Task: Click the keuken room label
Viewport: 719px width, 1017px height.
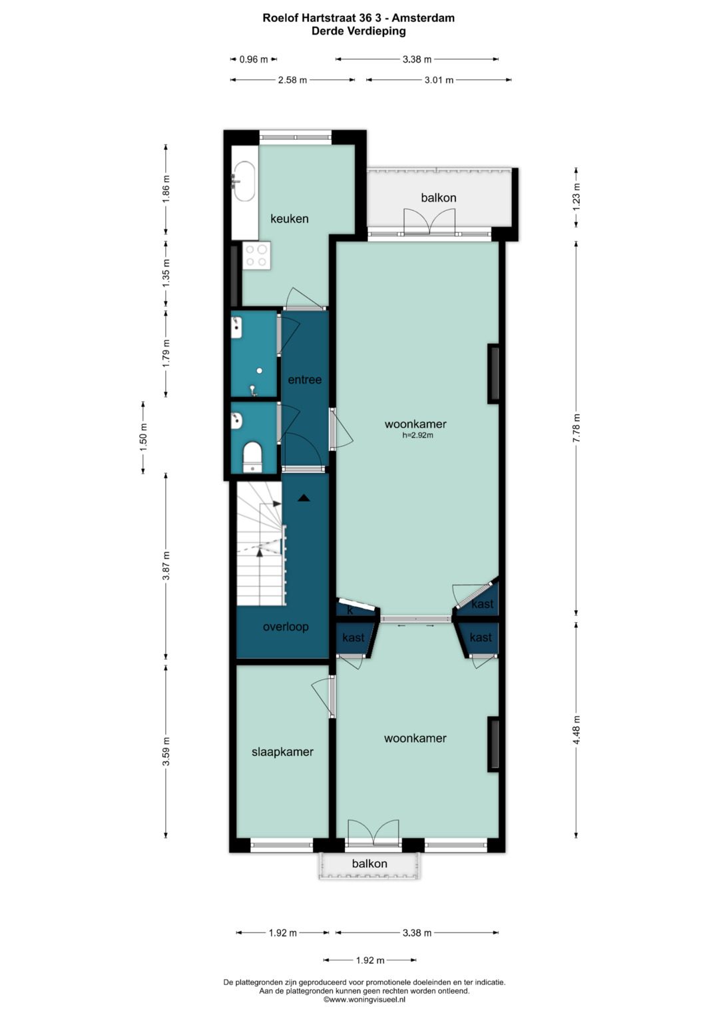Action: pyautogui.click(x=289, y=219)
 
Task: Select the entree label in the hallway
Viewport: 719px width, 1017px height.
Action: pyautogui.click(x=305, y=380)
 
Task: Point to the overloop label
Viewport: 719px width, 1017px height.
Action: pyautogui.click(x=286, y=627)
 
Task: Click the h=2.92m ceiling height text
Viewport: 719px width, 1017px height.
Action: pyautogui.click(x=417, y=436)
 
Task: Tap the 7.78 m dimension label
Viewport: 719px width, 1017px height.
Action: pyautogui.click(x=576, y=428)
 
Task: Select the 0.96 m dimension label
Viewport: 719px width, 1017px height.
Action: pyautogui.click(x=254, y=59)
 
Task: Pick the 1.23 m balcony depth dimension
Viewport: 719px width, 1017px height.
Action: pyautogui.click(x=576, y=196)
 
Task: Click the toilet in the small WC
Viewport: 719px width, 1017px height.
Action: pyautogui.click(x=252, y=458)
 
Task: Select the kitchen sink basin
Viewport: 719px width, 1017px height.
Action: pyautogui.click(x=243, y=180)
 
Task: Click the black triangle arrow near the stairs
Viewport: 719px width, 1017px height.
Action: pyautogui.click(x=303, y=498)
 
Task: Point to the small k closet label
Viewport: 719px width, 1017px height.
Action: pyautogui.click(x=350, y=611)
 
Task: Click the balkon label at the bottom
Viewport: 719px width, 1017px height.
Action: pyautogui.click(x=369, y=864)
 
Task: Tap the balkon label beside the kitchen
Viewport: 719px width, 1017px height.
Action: pyautogui.click(x=439, y=198)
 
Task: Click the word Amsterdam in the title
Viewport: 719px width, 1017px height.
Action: pyautogui.click(x=423, y=18)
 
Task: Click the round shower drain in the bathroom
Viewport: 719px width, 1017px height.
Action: pyautogui.click(x=259, y=371)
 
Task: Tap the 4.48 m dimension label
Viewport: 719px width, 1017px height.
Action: pyautogui.click(x=576, y=731)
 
